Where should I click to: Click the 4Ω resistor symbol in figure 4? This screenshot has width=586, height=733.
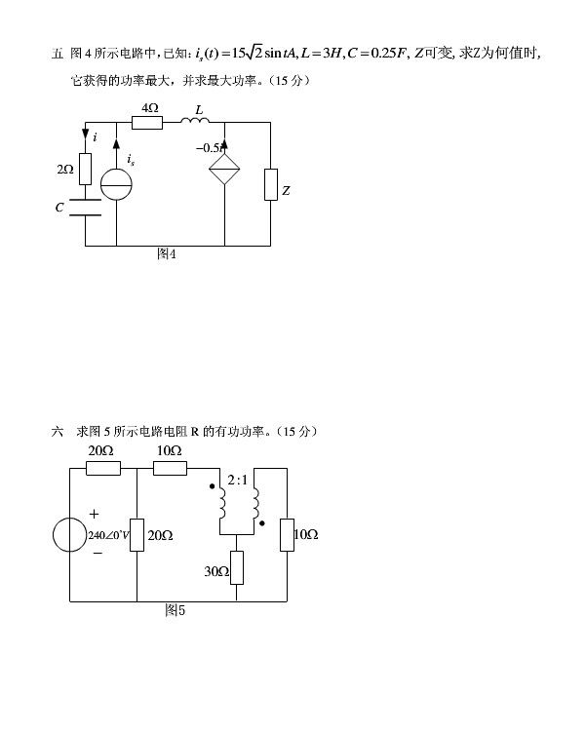point(150,123)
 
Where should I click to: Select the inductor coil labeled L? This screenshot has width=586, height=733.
point(198,123)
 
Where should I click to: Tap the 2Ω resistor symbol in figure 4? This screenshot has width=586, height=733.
point(86,170)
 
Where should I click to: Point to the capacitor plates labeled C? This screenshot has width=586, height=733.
point(86,208)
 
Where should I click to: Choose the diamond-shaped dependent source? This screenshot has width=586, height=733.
point(225,169)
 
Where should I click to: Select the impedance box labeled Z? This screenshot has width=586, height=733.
point(270,184)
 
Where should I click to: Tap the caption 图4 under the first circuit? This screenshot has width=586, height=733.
point(167,254)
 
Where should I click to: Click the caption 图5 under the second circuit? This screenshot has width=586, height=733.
point(176,610)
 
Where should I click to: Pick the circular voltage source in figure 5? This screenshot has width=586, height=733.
point(70,535)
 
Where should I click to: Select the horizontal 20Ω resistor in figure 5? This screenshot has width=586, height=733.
point(103,468)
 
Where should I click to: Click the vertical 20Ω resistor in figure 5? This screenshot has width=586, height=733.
point(137,535)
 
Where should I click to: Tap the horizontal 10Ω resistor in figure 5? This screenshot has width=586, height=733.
point(170,468)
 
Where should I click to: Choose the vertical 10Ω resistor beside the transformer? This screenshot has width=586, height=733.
point(288,535)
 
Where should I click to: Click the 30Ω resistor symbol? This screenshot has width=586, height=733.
point(237,567)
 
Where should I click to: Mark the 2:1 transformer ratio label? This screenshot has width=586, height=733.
point(237,481)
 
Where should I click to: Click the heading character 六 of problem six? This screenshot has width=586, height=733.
point(57,431)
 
